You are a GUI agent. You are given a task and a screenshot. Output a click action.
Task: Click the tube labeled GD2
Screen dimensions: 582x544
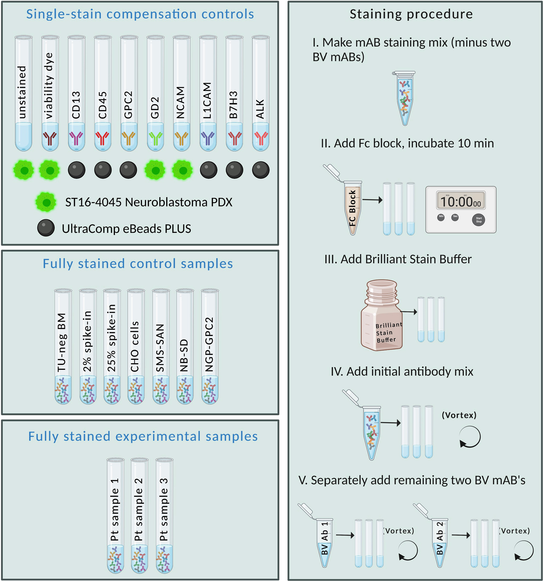click(x=155, y=94)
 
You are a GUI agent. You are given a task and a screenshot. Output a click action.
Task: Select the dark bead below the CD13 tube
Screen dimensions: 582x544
click(x=76, y=170)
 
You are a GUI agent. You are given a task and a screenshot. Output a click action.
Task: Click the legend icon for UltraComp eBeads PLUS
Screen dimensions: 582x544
click(x=46, y=228)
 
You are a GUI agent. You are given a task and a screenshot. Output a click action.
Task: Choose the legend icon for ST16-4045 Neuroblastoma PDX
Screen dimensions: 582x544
click(x=46, y=202)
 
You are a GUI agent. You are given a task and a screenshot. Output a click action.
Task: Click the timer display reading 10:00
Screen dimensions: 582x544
click(x=461, y=201)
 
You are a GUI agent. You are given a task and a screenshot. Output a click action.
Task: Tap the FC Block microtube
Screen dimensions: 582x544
click(x=352, y=208)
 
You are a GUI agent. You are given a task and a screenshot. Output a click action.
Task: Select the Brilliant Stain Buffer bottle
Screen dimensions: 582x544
click(x=381, y=316)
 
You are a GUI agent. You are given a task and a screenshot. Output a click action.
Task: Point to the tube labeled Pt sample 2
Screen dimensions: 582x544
click(x=139, y=515)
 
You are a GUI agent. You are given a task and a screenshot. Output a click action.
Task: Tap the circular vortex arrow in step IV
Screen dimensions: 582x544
click(x=470, y=437)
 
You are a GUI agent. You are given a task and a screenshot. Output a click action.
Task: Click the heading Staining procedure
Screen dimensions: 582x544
click(x=411, y=14)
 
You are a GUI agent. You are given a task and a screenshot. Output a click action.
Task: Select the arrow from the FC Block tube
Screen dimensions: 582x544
click(x=372, y=200)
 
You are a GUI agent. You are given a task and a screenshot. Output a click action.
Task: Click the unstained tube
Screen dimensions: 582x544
click(x=23, y=94)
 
